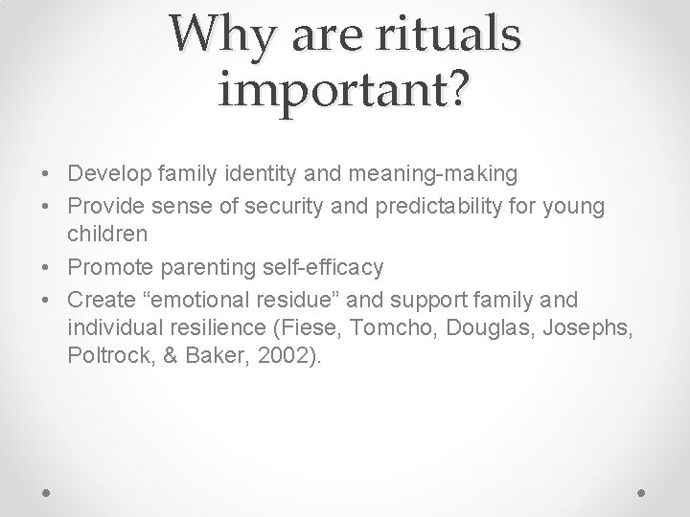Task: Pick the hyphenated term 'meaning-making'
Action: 437,173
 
